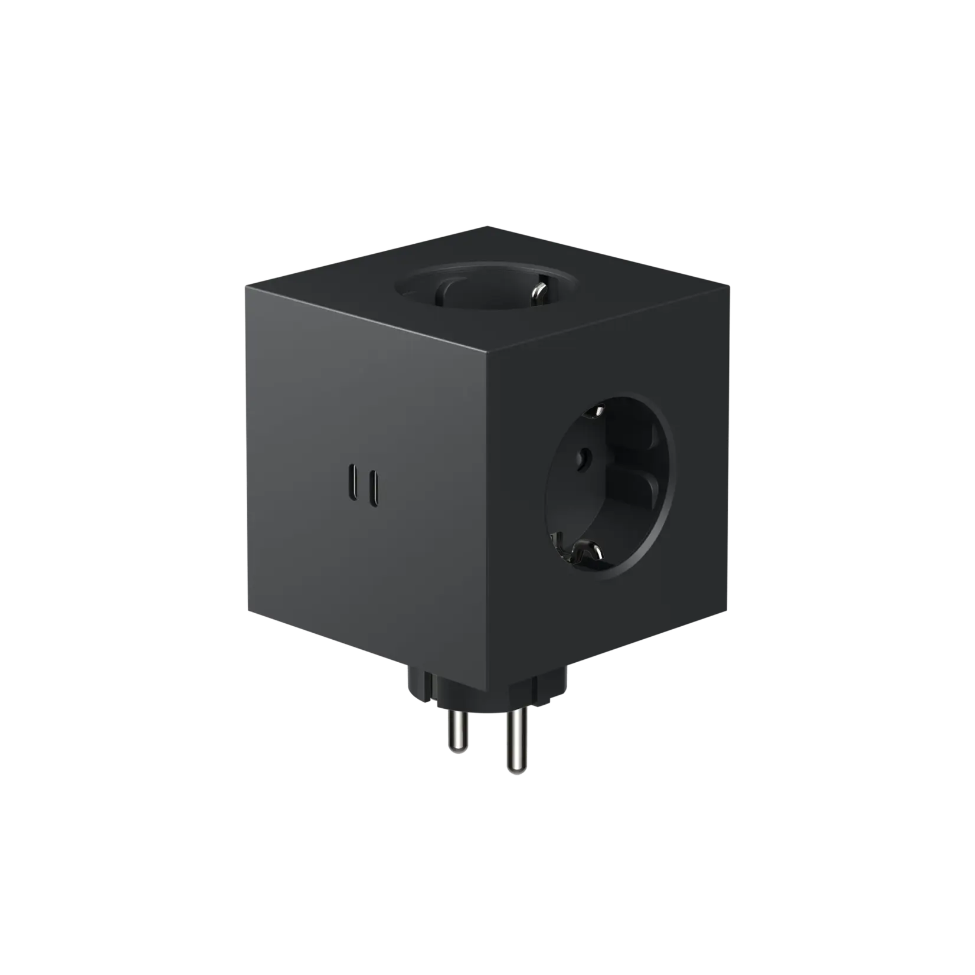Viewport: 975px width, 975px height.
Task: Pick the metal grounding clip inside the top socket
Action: (x=538, y=290)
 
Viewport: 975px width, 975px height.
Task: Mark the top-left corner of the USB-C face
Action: (x=245, y=286)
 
